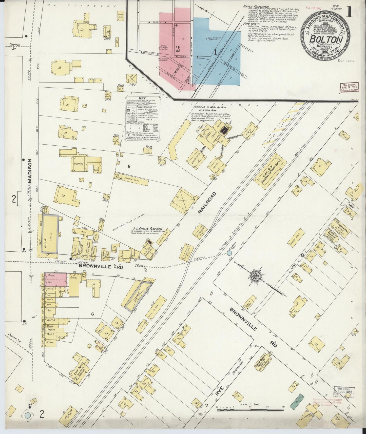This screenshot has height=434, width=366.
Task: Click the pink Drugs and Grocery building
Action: (x=56, y=280)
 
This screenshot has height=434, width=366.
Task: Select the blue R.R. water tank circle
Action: (x=229, y=253)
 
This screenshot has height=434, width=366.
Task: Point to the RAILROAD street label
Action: (x=207, y=203)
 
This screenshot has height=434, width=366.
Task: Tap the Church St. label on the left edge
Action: (x=15, y=46)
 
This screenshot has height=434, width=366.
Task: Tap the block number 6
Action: (x=93, y=314)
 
